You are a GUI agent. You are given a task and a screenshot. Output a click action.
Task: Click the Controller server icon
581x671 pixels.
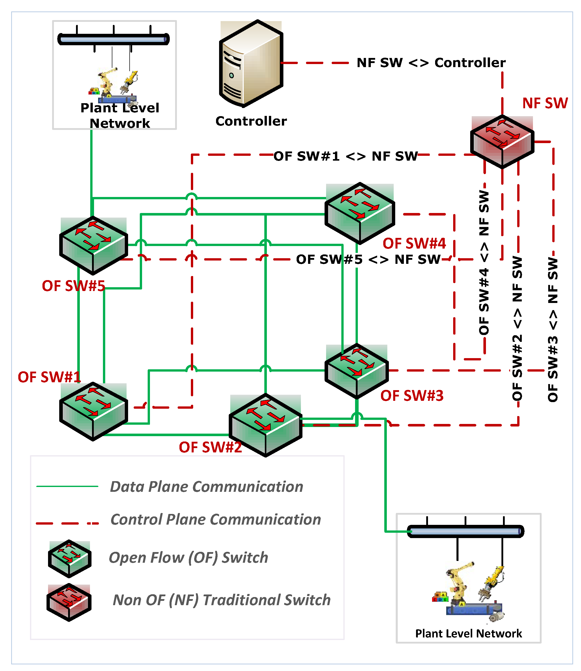click(x=251, y=64)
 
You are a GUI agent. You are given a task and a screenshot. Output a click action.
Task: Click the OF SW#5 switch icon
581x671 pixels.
click(x=93, y=245)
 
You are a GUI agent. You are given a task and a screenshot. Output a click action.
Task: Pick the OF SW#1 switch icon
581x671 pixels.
click(x=93, y=411)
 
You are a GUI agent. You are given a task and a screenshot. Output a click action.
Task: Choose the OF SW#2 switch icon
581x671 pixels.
click(x=266, y=425)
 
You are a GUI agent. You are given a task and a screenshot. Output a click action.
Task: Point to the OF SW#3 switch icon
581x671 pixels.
click(x=357, y=371)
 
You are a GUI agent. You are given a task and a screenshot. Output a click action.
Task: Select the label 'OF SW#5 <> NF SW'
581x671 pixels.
click(x=368, y=259)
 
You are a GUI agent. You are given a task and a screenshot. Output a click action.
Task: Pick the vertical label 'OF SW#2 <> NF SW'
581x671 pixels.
click(x=517, y=328)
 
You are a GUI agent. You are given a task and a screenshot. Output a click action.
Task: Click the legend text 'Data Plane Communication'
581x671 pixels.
click(x=207, y=486)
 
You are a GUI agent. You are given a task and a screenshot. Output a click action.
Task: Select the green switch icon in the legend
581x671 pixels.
click(x=69, y=558)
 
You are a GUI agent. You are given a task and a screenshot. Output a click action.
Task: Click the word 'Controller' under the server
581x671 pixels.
click(x=251, y=121)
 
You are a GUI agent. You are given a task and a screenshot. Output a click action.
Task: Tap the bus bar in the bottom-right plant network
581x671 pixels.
click(x=466, y=531)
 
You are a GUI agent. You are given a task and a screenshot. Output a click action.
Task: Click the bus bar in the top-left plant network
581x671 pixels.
click(x=113, y=39)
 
